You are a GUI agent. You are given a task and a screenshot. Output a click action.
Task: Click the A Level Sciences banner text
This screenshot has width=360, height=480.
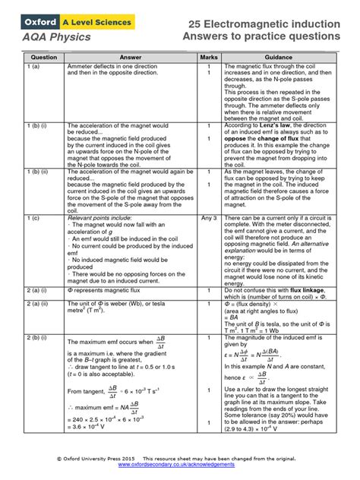coord(100,23)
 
